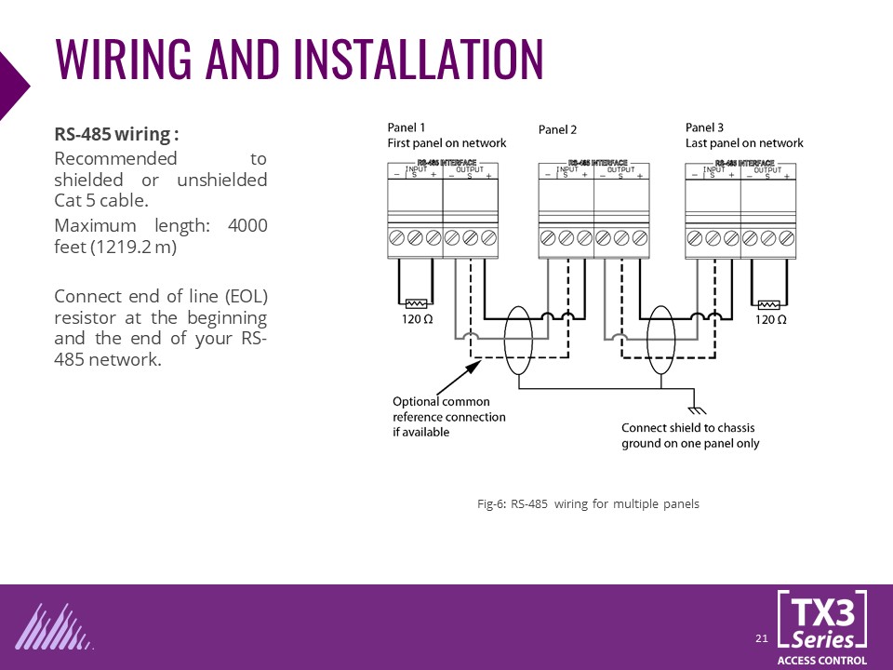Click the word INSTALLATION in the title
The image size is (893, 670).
[418, 59]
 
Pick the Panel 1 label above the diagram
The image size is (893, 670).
[407, 128]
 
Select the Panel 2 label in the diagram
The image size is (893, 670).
[558, 130]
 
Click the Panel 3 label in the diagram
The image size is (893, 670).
[704, 128]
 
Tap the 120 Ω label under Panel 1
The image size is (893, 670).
[416, 320]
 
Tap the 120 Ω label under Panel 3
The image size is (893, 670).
[770, 320]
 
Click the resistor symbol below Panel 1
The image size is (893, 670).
[416, 303]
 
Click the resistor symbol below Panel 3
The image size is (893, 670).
[769, 303]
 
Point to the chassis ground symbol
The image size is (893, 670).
[692, 409]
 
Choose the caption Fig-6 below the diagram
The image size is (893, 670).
[588, 504]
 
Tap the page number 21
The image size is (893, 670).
[761, 638]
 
